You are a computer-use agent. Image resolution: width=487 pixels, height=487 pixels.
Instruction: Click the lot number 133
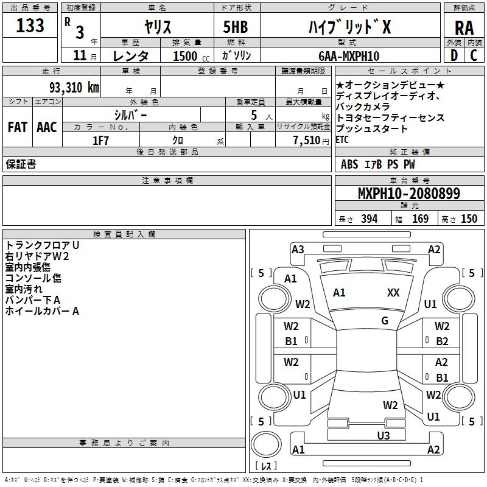coord(30,25)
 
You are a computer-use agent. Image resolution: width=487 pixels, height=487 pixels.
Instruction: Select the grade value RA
coord(464,28)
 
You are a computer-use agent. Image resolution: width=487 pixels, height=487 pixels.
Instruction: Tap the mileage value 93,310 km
coord(74,88)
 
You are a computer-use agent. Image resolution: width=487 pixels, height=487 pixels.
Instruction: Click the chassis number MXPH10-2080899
coord(409,193)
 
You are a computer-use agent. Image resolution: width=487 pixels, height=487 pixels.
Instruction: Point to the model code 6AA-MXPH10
coord(349,56)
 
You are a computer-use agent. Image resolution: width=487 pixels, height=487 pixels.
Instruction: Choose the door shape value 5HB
coord(236,27)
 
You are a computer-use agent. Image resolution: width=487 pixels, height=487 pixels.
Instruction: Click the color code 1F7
coord(100,141)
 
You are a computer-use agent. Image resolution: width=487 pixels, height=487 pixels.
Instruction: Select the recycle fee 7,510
coord(307,141)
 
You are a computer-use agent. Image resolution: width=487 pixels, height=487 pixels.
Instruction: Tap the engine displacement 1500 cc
coord(191,56)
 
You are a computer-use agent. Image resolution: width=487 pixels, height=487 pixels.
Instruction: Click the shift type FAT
coord(18,127)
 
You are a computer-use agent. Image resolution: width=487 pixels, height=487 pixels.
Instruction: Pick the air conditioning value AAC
coord(47,127)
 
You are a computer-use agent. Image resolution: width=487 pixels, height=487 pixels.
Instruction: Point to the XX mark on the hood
coord(393,292)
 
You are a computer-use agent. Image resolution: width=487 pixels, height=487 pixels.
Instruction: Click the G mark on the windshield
coord(385,321)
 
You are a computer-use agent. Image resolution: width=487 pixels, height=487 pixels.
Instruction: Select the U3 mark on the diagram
coord(384,436)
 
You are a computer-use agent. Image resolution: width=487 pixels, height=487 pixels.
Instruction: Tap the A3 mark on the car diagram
coord(298,250)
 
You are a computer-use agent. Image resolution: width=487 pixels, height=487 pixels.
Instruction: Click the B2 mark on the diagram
coord(442,342)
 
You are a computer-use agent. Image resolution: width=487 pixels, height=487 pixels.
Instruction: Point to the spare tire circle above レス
coord(266,444)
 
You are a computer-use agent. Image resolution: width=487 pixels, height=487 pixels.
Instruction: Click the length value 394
coord(370,219)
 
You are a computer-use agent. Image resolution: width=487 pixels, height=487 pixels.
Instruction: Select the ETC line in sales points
coord(342,140)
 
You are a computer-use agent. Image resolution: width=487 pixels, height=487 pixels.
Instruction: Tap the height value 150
coord(469,219)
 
